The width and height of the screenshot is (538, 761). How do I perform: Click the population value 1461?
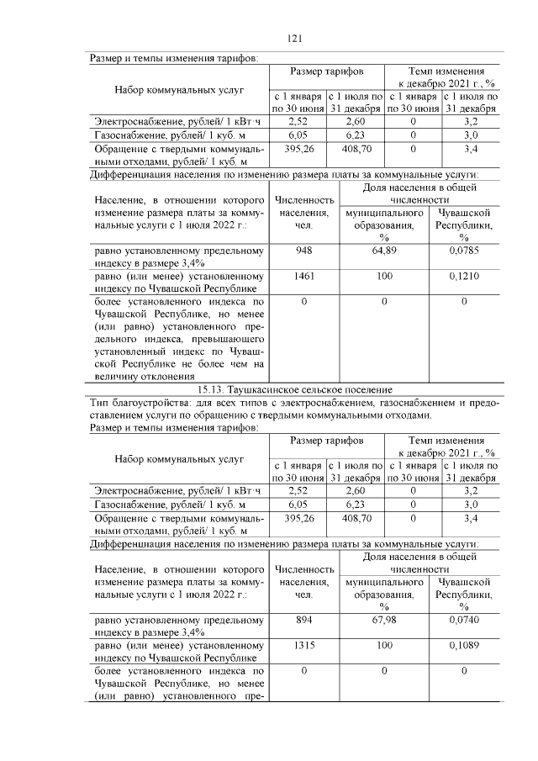(303, 275)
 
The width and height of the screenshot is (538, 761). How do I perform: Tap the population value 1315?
(303, 645)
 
